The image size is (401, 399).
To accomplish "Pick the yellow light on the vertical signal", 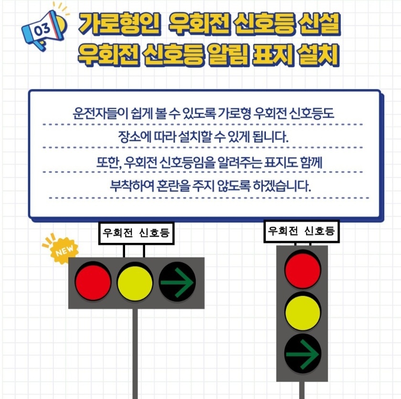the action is pyautogui.click(x=302, y=313).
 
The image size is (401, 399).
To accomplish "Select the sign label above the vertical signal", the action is pyautogui.click(x=302, y=231).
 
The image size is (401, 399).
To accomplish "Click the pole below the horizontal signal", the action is pyautogui.click(x=135, y=353).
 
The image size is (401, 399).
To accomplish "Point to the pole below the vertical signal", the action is pyautogui.click(x=301, y=390).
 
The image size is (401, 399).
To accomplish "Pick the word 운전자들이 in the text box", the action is pyautogui.click(x=96, y=114).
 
